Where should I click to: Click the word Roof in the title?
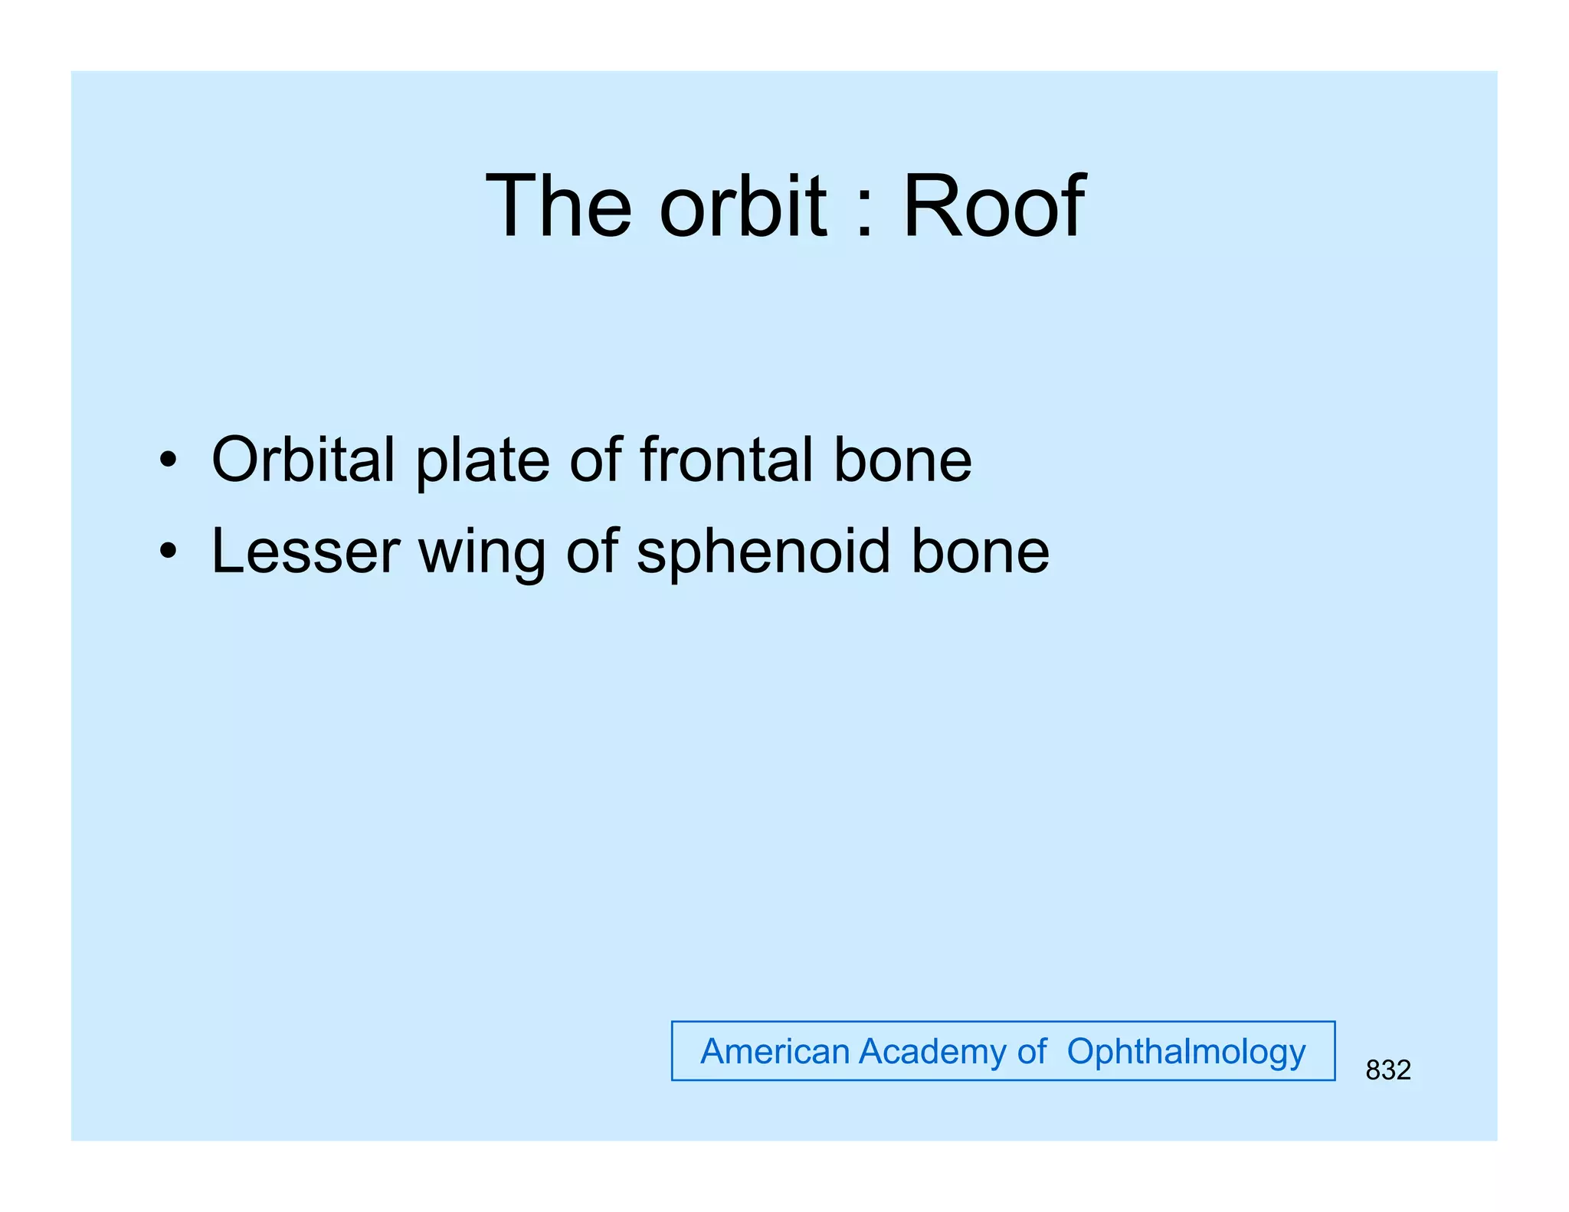(x=994, y=207)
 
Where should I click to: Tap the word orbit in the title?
(x=743, y=207)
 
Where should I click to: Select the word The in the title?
(x=559, y=207)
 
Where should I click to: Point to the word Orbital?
(x=303, y=460)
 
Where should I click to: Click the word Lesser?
(x=305, y=552)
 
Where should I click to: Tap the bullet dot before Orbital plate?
(x=168, y=461)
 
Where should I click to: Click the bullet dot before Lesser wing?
(x=168, y=552)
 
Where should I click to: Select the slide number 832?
(x=1387, y=1070)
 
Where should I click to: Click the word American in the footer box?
(x=775, y=1051)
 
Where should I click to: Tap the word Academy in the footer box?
(x=932, y=1053)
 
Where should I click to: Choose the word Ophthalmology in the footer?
(x=1186, y=1053)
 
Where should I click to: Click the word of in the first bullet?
(x=595, y=460)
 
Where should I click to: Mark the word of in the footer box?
(x=1031, y=1051)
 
